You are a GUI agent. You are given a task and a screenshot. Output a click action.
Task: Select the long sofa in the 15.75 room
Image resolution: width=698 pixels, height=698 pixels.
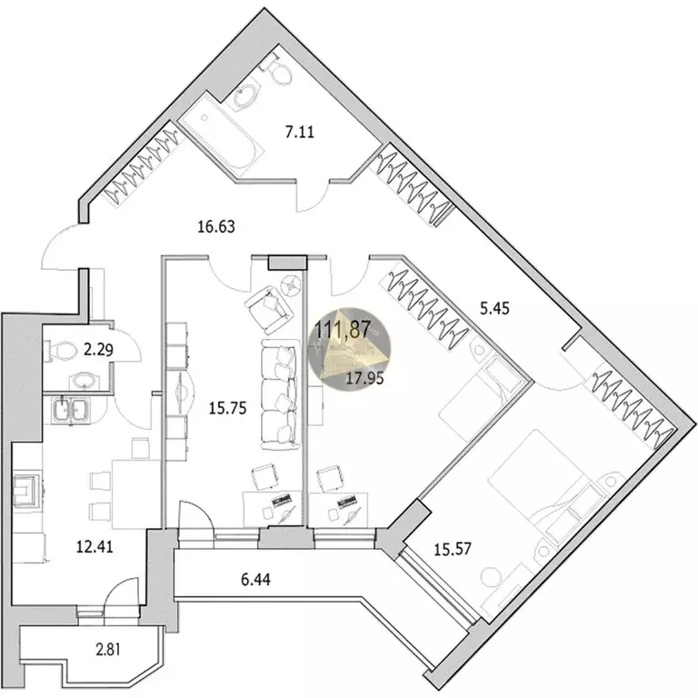[x=278, y=394]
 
